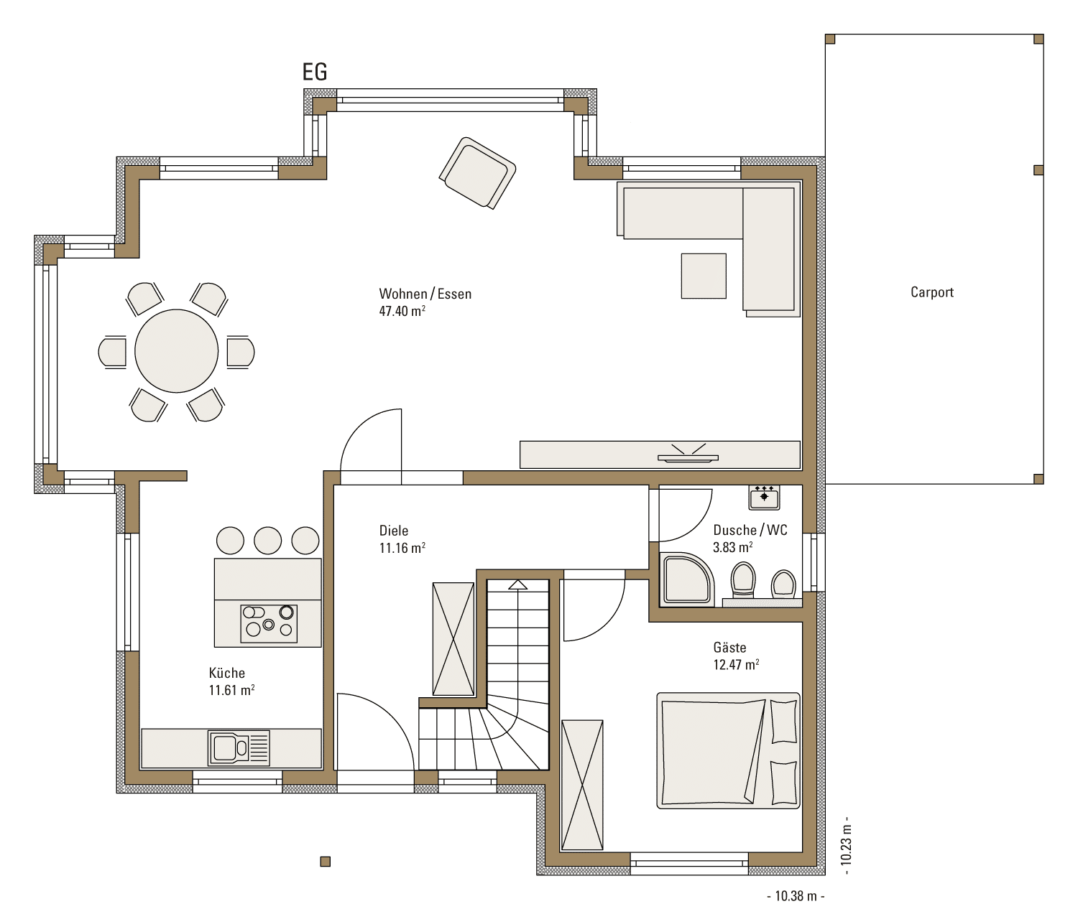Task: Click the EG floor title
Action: [315, 73]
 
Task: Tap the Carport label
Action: [932, 292]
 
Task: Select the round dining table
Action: [177, 351]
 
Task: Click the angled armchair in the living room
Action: [478, 173]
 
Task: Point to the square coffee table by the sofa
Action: [704, 276]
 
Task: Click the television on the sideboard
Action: [688, 453]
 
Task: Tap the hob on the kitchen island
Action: [269, 624]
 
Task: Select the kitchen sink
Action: [239, 747]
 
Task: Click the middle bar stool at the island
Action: [267, 540]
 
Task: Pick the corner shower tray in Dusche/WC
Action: [686, 579]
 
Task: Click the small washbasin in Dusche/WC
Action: [764, 498]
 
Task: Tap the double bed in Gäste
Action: [728, 750]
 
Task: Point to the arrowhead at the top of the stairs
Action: [517, 584]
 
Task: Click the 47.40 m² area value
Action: [402, 311]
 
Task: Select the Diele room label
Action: [393, 531]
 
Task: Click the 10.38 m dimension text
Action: [796, 896]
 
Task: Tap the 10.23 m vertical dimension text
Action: [845, 845]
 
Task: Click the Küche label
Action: [226, 673]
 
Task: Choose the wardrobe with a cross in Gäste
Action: [582, 785]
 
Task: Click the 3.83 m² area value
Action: [732, 547]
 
